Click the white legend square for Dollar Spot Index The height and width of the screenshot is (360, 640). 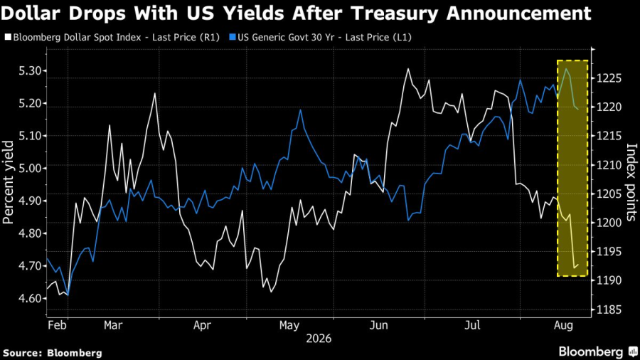click(x=8, y=37)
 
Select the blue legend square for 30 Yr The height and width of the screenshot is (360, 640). click(x=233, y=37)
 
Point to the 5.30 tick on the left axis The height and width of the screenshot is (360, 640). click(x=30, y=71)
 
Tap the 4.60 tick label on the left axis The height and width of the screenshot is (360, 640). click(x=30, y=298)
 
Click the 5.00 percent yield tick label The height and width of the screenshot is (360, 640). click(x=30, y=168)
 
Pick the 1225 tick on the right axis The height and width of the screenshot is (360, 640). click(x=609, y=78)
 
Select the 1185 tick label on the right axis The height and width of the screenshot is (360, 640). click(x=609, y=309)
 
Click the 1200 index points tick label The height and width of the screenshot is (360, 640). click(x=609, y=223)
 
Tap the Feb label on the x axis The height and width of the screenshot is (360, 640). click(x=57, y=325)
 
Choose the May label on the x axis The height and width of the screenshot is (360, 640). click(x=289, y=325)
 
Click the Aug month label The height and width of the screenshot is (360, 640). click(x=563, y=325)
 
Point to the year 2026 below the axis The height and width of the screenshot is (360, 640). click(x=319, y=339)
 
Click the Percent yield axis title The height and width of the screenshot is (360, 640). click(x=8, y=182)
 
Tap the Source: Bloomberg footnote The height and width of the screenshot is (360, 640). click(x=52, y=353)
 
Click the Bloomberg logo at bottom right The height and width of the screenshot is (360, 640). click(x=598, y=351)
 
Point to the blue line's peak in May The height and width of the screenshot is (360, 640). click(x=300, y=110)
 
